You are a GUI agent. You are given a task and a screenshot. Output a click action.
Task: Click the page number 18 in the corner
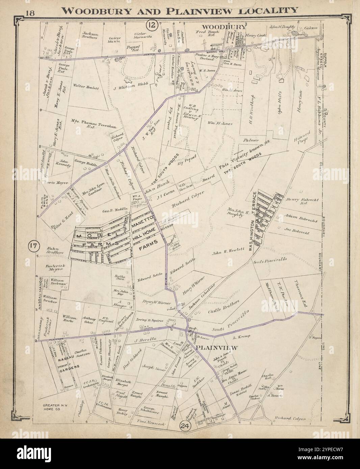tap(29, 13)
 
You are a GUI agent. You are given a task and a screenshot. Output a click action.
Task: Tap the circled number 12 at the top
tap(152, 25)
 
